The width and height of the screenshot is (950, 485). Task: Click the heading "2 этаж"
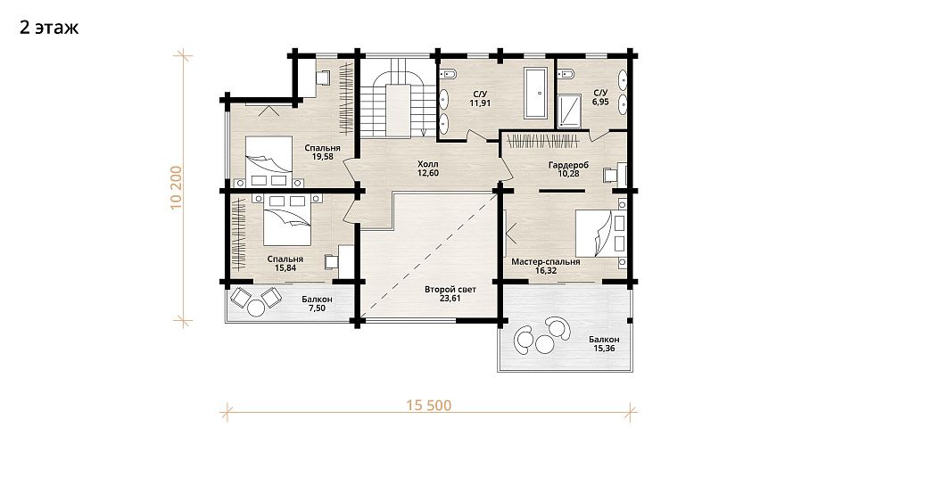(49, 28)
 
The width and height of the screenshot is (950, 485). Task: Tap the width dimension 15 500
(429, 405)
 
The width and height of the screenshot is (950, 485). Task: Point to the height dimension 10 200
(177, 187)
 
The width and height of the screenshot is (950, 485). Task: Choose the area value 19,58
(322, 156)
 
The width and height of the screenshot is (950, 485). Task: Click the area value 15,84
(285, 267)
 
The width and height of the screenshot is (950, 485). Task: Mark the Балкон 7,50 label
(317, 303)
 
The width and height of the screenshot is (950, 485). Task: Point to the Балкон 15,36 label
(604, 344)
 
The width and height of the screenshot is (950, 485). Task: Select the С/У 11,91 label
(480, 99)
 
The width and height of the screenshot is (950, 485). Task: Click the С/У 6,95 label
(600, 97)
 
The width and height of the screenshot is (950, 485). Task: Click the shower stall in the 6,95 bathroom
(568, 111)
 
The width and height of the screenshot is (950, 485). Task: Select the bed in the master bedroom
(599, 233)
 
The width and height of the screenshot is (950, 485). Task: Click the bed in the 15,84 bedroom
(288, 220)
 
